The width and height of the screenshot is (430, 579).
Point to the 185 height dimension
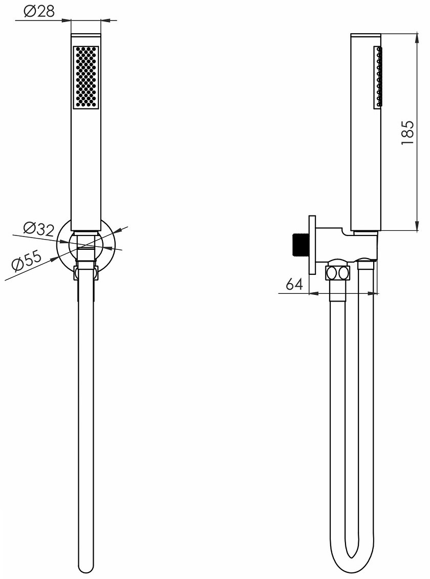click(408, 133)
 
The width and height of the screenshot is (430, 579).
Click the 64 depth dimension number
click(294, 284)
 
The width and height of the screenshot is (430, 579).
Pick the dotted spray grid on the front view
click(87, 77)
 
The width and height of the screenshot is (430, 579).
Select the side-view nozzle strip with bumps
click(379, 77)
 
